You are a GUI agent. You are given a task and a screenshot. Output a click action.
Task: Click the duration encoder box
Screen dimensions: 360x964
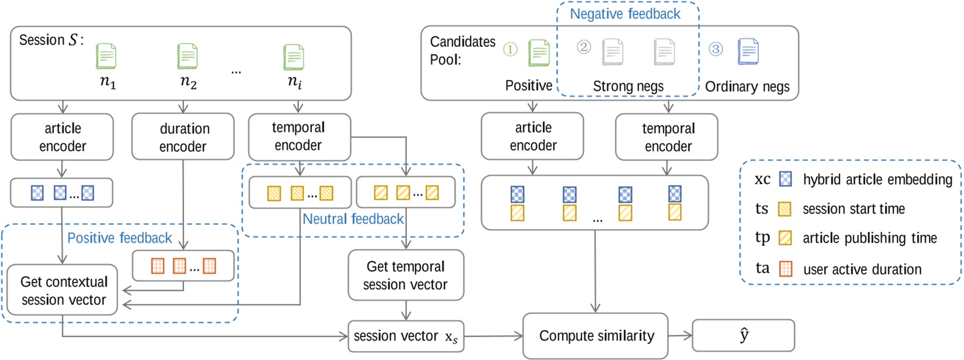[x=183, y=137]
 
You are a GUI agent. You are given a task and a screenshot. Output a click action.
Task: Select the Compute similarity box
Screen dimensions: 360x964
[x=596, y=336]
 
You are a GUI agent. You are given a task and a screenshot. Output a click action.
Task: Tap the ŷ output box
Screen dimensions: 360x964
[x=743, y=335]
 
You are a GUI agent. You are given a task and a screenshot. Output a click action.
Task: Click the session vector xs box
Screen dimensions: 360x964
[x=406, y=337]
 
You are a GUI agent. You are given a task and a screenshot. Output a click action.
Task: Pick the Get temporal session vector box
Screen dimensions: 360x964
[x=406, y=276]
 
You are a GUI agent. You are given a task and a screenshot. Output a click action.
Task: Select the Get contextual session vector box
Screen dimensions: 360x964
[x=63, y=290]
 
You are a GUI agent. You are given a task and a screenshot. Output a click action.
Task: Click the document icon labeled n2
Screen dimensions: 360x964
[x=188, y=56]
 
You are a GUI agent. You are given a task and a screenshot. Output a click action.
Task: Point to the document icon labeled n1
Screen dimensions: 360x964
[x=106, y=56]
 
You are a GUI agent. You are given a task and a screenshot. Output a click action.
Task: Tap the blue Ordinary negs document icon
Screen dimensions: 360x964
[x=748, y=52]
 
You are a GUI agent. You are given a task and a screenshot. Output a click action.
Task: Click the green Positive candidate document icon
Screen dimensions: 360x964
[x=538, y=53]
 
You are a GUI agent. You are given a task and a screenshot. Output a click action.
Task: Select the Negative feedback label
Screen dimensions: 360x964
[x=625, y=14]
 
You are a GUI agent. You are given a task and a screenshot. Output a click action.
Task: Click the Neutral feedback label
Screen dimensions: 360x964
[x=353, y=219]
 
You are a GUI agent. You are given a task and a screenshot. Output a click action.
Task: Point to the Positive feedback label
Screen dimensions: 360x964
[x=120, y=238]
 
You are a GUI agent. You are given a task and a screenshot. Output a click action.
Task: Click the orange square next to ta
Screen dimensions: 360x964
[x=785, y=269]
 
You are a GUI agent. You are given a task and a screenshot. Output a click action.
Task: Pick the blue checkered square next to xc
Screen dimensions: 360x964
[x=785, y=179]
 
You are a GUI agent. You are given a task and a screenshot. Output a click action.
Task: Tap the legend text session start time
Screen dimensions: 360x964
[x=853, y=209]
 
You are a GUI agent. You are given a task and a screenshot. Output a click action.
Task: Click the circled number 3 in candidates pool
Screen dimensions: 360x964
[x=715, y=49]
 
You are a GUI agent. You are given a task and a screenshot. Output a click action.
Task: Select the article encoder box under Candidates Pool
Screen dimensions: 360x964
[x=532, y=137]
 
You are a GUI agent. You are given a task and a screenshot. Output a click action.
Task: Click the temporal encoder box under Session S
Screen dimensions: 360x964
[x=299, y=137]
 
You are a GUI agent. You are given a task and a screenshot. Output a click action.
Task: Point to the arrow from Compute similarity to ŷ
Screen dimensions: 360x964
[x=680, y=336]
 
